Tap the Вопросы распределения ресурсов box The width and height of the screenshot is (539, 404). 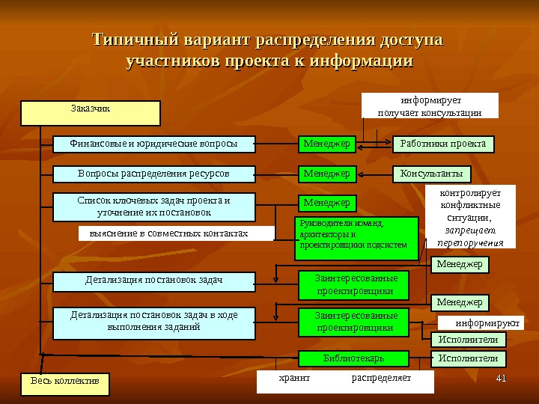pyautogui.click(x=153, y=174)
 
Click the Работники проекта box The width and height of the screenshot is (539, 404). pyautogui.click(x=443, y=143)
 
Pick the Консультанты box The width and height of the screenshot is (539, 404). pyautogui.click(x=430, y=174)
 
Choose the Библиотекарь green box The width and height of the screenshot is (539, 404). pyautogui.click(x=353, y=358)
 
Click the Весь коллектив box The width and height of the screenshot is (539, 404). pyautogui.click(x=64, y=382)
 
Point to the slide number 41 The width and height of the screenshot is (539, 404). pyautogui.click(x=502, y=376)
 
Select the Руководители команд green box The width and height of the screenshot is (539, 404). pyautogui.click(x=358, y=238)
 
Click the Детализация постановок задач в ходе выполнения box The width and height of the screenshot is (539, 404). pyautogui.click(x=153, y=321)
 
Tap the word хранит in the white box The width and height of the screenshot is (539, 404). pyautogui.click(x=293, y=379)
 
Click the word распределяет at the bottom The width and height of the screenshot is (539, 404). pyautogui.click(x=381, y=379)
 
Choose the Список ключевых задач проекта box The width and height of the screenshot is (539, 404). pyautogui.click(x=153, y=206)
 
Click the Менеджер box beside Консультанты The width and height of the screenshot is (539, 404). pyautogui.click(x=326, y=174)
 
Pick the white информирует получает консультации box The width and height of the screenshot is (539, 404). pyautogui.click(x=430, y=105)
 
